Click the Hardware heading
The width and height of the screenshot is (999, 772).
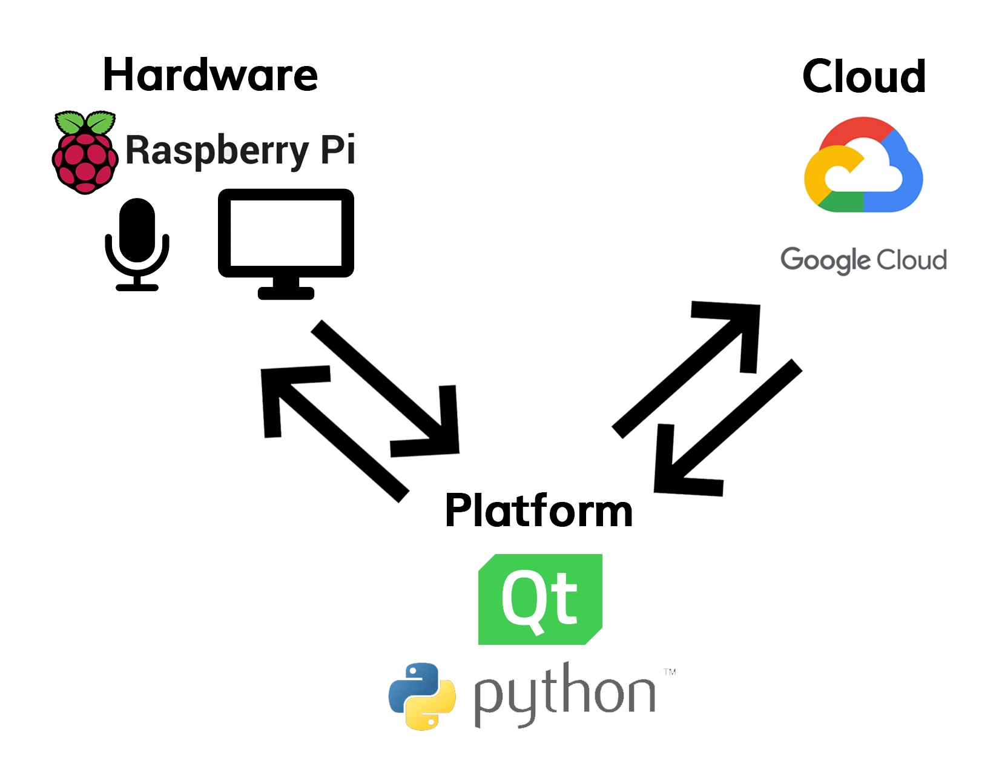click(x=210, y=74)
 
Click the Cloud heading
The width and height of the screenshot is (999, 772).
click(x=863, y=76)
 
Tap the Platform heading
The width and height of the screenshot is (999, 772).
click(x=538, y=510)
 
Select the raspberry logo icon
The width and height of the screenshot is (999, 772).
click(x=85, y=152)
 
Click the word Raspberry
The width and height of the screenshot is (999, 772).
click(x=217, y=151)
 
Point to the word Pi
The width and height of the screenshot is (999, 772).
click(x=338, y=148)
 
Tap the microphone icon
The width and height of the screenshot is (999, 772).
click(x=137, y=245)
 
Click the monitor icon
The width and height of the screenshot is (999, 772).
click(x=286, y=244)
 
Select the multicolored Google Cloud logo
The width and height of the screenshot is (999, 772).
click(x=863, y=165)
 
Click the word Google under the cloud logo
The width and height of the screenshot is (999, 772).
click(x=826, y=260)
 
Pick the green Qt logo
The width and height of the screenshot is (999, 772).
click(x=540, y=599)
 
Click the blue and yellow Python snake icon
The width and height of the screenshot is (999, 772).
click(x=422, y=696)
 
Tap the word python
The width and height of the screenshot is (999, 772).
click(x=565, y=695)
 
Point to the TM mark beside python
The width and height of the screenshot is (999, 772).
click(x=670, y=671)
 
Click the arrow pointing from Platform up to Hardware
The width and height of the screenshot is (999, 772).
click(x=335, y=434)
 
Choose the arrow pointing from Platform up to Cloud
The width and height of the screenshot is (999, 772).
click(x=686, y=370)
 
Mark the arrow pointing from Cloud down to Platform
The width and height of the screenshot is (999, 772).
click(x=728, y=427)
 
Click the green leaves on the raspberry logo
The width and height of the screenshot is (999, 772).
click(x=85, y=122)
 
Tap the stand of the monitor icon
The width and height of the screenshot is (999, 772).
click(x=286, y=288)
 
